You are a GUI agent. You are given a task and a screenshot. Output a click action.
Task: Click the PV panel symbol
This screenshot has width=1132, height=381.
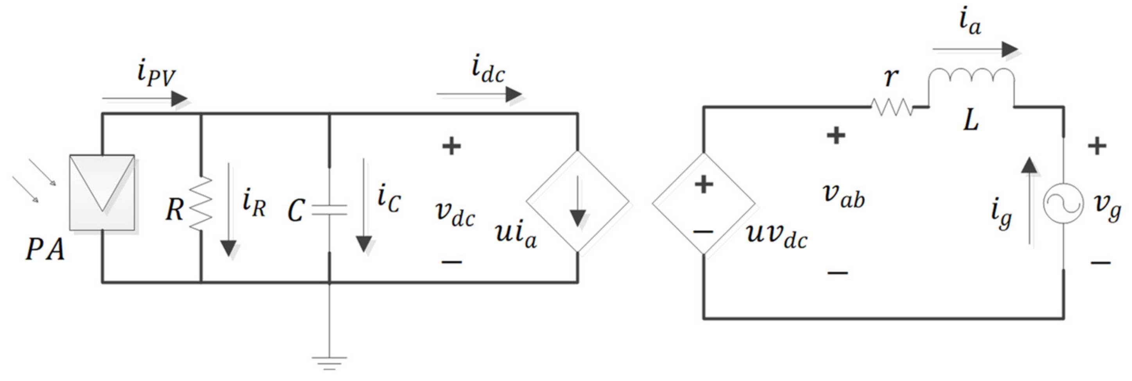pos(102,192)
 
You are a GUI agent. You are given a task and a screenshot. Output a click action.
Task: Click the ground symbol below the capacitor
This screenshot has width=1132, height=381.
pos(329,363)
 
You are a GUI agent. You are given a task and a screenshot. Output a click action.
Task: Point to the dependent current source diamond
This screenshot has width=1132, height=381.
pos(577,202)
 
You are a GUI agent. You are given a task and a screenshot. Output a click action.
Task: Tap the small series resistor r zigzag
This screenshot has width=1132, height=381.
pos(892,107)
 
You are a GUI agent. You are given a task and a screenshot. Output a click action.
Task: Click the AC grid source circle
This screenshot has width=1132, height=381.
pos(1064,203)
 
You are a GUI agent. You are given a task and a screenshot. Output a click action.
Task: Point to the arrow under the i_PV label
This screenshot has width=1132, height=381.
pos(145,99)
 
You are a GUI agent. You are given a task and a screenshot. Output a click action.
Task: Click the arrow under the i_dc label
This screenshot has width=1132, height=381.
pos(479,94)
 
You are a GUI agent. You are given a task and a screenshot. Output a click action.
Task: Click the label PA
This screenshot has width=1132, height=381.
pos(45,250)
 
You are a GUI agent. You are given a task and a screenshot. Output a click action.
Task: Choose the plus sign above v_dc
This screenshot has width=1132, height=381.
pos(451,146)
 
